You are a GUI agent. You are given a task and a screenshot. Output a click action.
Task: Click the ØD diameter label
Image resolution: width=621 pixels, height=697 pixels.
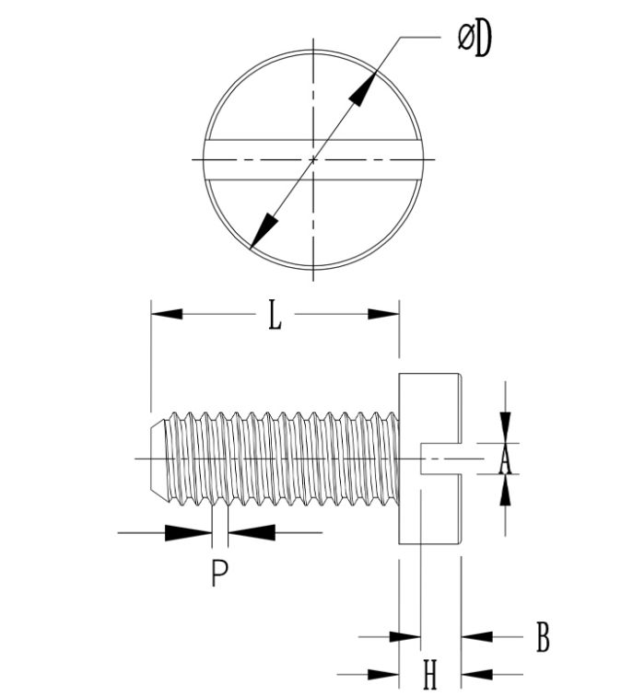pos(475,39)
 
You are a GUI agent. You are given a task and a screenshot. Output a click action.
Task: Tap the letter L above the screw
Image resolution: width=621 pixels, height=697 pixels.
pos(275,316)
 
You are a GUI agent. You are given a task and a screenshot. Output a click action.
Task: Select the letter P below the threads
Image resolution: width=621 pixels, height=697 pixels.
pos(218,573)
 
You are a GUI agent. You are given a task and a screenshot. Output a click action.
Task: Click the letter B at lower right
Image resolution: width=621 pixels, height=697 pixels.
pos(543,636)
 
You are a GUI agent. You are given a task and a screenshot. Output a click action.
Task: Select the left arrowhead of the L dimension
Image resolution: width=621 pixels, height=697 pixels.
pos(166,314)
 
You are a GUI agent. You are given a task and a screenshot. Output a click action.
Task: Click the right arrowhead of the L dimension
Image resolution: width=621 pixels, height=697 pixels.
pos(383,314)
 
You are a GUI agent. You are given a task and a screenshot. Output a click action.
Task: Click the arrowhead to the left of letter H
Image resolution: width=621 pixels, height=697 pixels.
pos(384,675)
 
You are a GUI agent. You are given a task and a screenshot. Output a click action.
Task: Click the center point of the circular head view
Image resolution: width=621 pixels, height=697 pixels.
pos(313,159)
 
